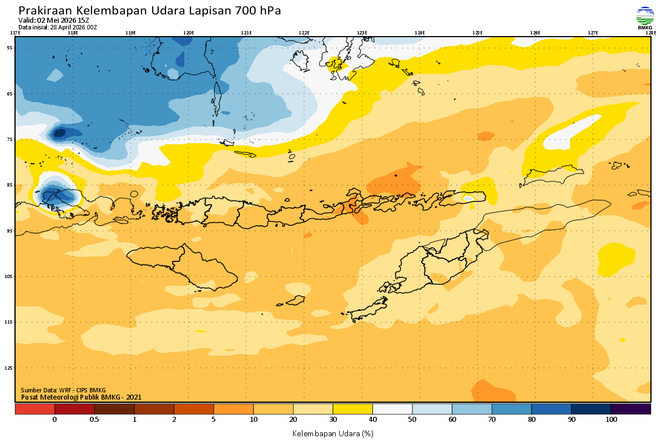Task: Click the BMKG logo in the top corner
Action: (645, 18)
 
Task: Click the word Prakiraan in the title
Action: (44, 11)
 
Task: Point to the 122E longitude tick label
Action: (304, 33)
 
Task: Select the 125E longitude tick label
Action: (477, 33)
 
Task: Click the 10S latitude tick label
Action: (9, 276)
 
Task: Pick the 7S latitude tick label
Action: (9, 139)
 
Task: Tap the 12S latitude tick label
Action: (9, 368)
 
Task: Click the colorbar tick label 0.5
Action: (94, 420)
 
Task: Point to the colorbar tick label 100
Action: (611, 420)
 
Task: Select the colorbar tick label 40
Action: (372, 420)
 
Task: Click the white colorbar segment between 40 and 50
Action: (392, 409)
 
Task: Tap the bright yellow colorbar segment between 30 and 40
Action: (352, 409)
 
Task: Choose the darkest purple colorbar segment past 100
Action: (630, 409)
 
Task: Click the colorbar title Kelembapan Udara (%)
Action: (332, 433)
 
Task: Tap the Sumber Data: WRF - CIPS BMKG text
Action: (63, 390)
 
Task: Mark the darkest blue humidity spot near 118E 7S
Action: (58, 132)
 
